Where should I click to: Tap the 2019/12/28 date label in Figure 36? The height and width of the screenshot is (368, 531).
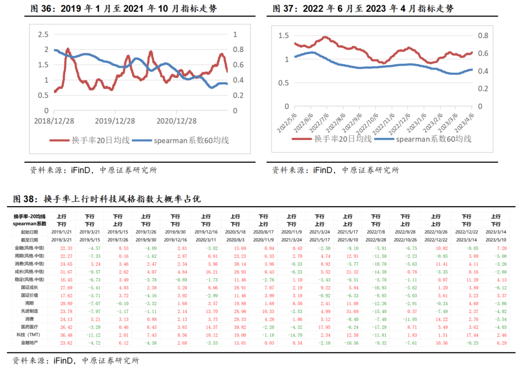(114, 122)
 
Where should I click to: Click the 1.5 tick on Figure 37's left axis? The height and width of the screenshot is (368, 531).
(283, 36)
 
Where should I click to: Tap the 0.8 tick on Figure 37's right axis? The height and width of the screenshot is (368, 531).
(483, 36)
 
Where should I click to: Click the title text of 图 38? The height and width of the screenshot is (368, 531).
(106, 199)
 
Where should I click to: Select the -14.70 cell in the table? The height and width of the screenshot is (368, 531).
(292, 335)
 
